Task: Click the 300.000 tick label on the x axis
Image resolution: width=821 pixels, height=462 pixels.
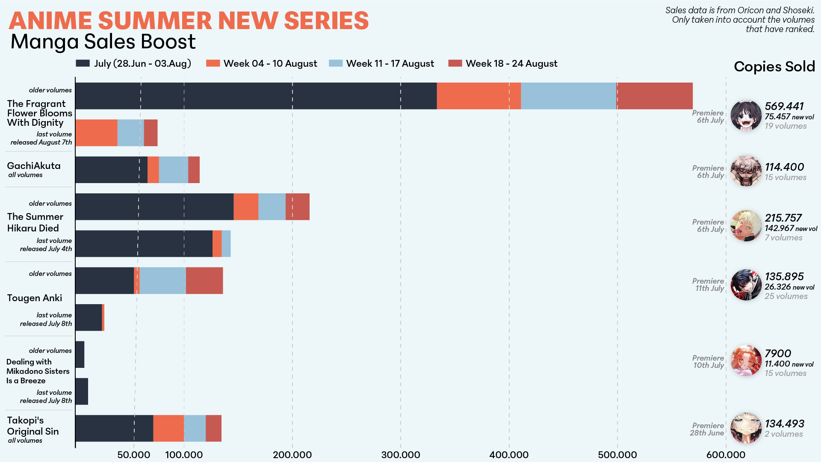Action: point(401,454)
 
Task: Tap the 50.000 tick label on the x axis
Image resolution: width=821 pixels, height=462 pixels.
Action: point(133,454)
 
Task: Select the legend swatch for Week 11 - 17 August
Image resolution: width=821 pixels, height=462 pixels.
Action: point(336,63)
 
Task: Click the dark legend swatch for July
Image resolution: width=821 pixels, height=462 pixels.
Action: point(83,63)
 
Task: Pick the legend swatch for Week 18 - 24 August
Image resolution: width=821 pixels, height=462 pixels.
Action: point(455,63)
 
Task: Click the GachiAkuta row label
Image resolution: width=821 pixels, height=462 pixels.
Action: point(34,166)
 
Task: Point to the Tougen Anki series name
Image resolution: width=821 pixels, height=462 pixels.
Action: point(35,298)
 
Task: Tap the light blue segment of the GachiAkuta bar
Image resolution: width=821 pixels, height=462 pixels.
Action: point(173,170)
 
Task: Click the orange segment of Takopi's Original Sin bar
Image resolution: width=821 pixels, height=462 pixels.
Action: point(168,428)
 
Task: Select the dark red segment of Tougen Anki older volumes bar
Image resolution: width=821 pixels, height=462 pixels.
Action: point(204,281)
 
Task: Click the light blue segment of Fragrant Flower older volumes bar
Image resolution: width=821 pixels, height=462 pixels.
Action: point(568,96)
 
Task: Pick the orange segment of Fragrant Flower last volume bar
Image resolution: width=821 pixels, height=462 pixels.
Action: point(97,133)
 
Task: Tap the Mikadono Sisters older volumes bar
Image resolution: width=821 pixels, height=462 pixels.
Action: point(80,355)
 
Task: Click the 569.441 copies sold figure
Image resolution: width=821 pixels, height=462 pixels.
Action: point(784,106)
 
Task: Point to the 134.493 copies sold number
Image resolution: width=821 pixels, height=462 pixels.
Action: point(784,423)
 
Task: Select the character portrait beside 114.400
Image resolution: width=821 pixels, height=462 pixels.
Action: point(746,171)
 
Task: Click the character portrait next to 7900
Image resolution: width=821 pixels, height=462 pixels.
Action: point(746,361)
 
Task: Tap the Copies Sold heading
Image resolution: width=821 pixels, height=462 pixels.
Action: point(774,67)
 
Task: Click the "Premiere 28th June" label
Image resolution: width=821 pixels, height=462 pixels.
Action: point(708,429)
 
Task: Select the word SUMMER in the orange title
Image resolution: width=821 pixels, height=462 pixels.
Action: point(155,21)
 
